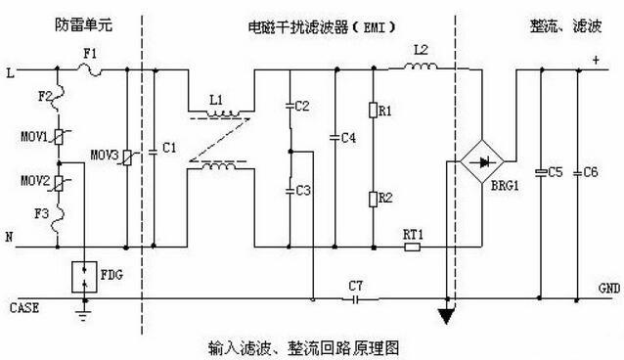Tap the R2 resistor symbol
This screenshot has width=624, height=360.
click(373, 199)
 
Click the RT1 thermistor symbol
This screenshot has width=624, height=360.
click(412, 247)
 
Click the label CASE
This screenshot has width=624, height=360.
click(24, 306)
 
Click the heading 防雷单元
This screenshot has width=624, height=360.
click(79, 21)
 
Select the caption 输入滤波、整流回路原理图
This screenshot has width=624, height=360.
click(305, 346)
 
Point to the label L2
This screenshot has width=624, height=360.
click(422, 48)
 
